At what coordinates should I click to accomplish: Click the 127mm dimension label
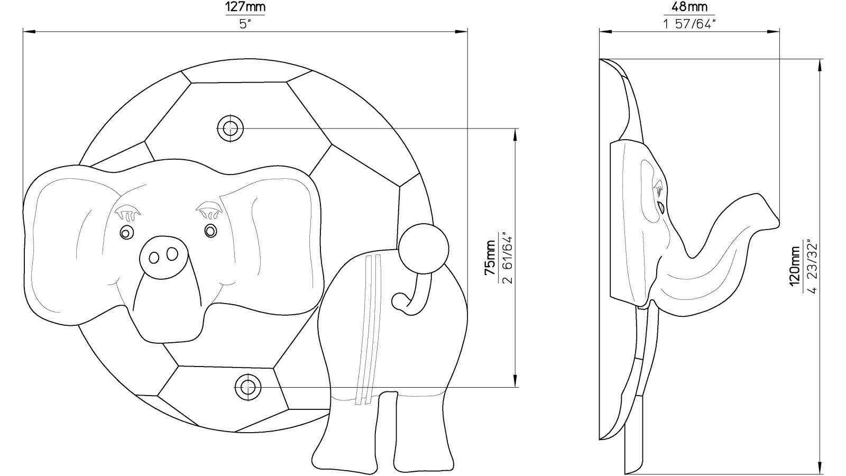(x=245, y=7)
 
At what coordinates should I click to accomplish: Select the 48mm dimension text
(x=689, y=7)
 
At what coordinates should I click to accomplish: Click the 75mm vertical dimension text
(x=490, y=258)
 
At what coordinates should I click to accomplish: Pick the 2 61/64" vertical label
(x=508, y=260)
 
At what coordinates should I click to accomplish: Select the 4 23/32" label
(x=812, y=267)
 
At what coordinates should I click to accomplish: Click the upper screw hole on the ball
(x=231, y=129)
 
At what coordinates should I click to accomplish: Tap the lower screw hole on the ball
(x=248, y=387)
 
